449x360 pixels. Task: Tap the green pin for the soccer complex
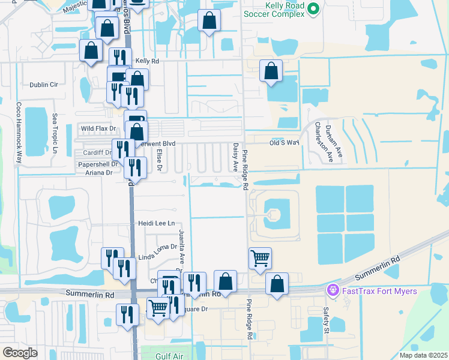(312, 9)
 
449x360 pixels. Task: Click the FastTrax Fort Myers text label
(379, 292)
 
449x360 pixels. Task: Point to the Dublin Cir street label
(41, 85)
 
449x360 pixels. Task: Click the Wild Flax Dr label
(98, 129)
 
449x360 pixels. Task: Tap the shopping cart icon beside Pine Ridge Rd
(260, 259)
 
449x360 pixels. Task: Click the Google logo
(19, 352)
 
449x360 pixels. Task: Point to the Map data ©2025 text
(423, 355)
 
